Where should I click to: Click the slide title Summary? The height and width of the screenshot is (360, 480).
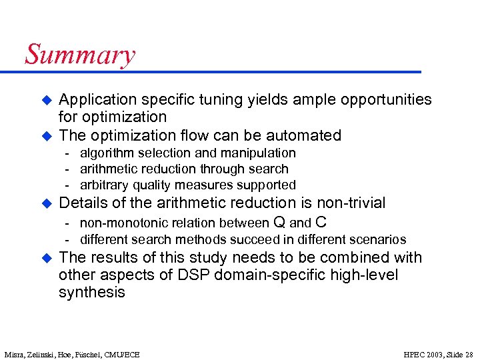coord(80,55)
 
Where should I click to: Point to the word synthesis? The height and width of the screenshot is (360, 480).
coord(92,293)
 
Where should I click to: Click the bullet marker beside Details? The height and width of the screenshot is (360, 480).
coord(47,203)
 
